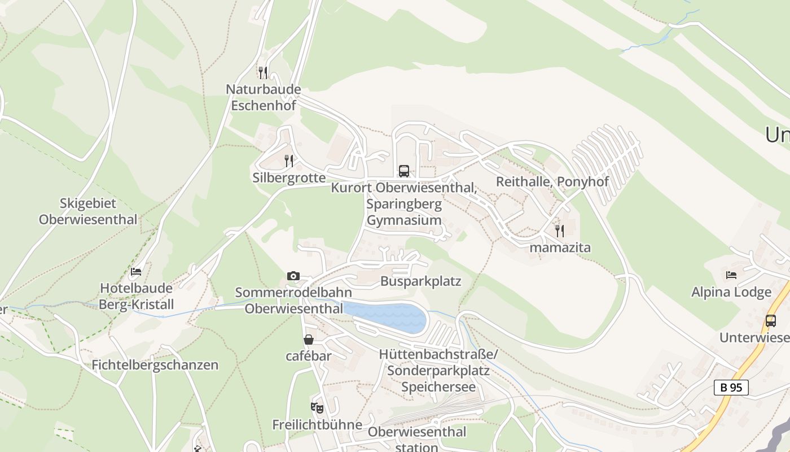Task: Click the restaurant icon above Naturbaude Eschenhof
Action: click(x=262, y=72)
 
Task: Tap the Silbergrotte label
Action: click(x=289, y=178)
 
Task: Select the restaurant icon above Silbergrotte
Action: click(x=289, y=161)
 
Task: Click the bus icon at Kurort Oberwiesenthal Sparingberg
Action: click(x=404, y=171)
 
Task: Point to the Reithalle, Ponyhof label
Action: click(x=552, y=181)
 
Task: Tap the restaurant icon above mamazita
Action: click(x=559, y=231)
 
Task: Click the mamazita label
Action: click(x=560, y=247)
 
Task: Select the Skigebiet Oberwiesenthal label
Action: click(x=88, y=211)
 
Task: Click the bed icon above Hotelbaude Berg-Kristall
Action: click(x=136, y=272)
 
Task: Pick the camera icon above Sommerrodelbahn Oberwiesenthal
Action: click(x=293, y=276)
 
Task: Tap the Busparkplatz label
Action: click(x=420, y=281)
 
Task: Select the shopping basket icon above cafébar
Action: click(x=309, y=340)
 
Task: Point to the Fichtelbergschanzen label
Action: click(x=155, y=365)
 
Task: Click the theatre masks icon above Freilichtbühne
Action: click(x=317, y=407)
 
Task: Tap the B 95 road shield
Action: click(x=731, y=388)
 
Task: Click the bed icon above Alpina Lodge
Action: click(x=731, y=275)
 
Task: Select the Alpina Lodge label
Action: click(x=731, y=292)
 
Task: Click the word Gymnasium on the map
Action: click(x=404, y=220)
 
